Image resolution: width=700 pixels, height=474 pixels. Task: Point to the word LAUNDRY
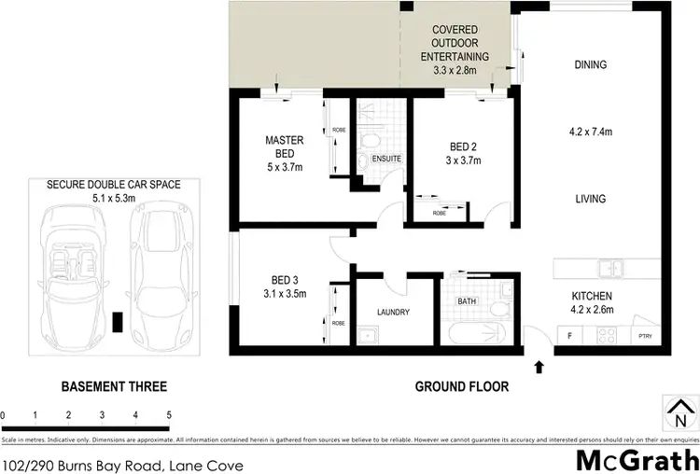point(393,314)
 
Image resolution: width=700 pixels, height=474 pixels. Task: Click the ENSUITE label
point(386,159)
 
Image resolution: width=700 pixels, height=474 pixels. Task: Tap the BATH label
point(467,301)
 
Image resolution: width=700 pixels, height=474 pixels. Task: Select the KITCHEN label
point(591,297)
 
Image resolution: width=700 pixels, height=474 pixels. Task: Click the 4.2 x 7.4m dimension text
point(591,132)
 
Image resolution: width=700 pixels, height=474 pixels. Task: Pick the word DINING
point(591,65)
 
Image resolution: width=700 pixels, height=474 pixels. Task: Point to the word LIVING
point(591,199)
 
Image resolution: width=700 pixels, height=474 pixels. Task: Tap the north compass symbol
point(679,411)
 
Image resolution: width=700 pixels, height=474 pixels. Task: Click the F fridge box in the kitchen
point(567,335)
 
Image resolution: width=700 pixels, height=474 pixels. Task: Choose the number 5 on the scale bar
point(169,414)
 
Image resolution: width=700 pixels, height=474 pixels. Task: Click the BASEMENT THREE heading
point(114,386)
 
